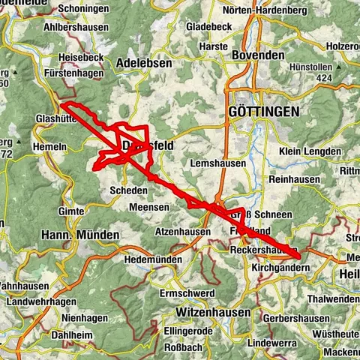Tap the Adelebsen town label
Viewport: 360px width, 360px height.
pyautogui.click(x=145, y=64)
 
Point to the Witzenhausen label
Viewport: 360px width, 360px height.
pyautogui.click(x=211, y=310)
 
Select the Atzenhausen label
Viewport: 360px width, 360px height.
pyautogui.click(x=183, y=232)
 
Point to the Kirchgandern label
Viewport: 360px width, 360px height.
pyautogui.click(x=280, y=267)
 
